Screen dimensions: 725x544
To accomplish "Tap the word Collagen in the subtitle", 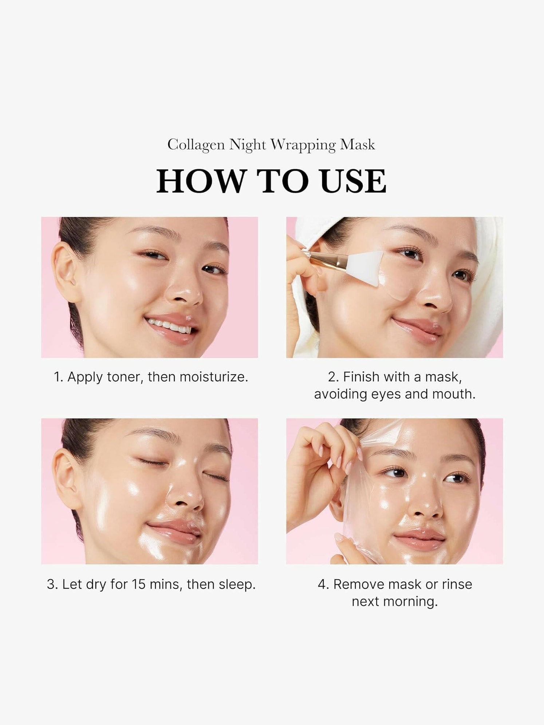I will pyautogui.click(x=196, y=145).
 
